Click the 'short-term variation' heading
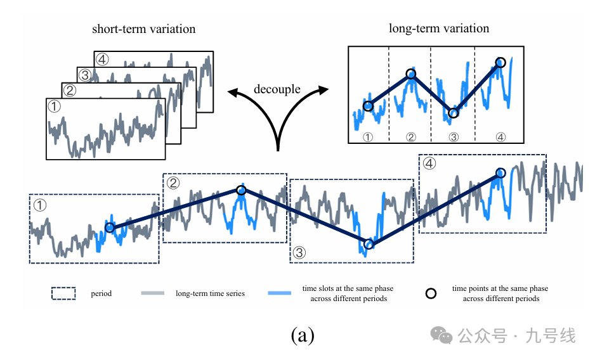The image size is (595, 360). (143, 29)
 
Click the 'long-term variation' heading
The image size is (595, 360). (439, 29)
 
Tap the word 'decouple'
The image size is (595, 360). (277, 89)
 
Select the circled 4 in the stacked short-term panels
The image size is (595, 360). (103, 60)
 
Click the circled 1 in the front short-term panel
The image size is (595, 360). (55, 107)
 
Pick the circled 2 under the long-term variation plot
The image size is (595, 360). (410, 136)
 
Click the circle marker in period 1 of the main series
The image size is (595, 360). (109, 227)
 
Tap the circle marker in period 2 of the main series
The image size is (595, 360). (240, 190)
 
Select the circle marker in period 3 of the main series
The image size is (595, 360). (369, 244)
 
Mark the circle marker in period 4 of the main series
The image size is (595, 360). (500, 172)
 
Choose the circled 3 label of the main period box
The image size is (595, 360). (300, 252)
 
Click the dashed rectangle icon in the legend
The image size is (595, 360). (63, 293)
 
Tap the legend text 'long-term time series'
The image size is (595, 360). (210, 293)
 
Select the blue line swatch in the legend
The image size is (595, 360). (280, 293)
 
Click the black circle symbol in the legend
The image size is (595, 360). (431, 293)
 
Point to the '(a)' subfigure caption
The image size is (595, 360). (302, 335)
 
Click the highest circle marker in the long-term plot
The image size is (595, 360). (500, 62)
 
